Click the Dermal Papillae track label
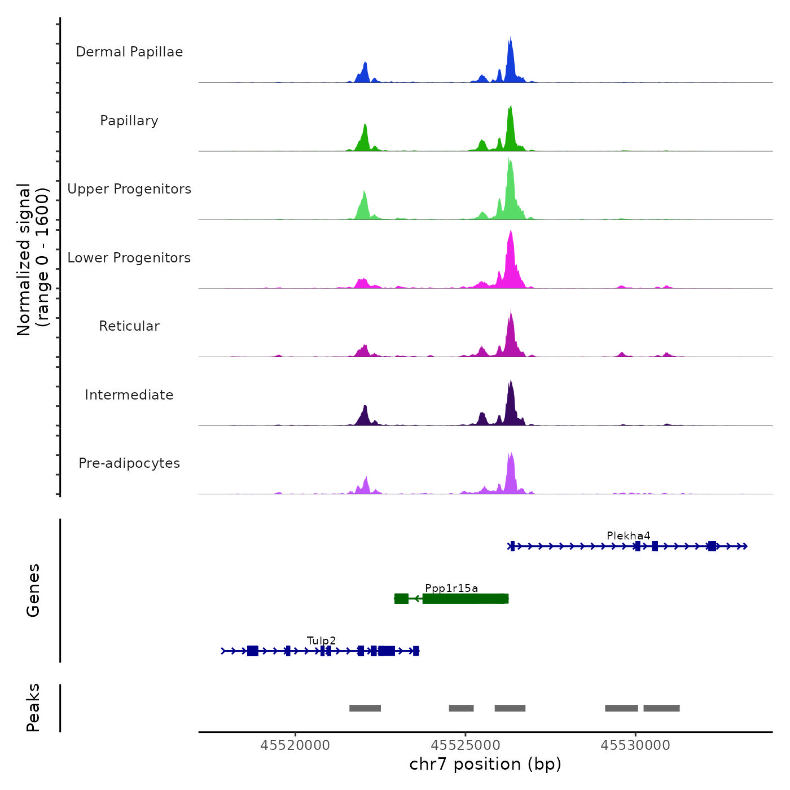tap(129, 52)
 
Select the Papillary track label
tap(129, 121)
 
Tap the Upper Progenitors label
tap(129, 189)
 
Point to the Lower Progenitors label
tap(129, 258)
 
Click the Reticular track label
tap(129, 326)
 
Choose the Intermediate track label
tap(129, 395)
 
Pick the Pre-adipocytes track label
tap(129, 463)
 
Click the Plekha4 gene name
tap(628, 536)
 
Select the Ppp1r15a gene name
tap(451, 588)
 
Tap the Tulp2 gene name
tap(321, 640)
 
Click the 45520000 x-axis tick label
tap(295, 745)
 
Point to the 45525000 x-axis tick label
tap(466, 745)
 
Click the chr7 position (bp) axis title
tap(485, 764)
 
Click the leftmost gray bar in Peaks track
tap(365, 708)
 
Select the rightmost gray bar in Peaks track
tap(661, 708)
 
